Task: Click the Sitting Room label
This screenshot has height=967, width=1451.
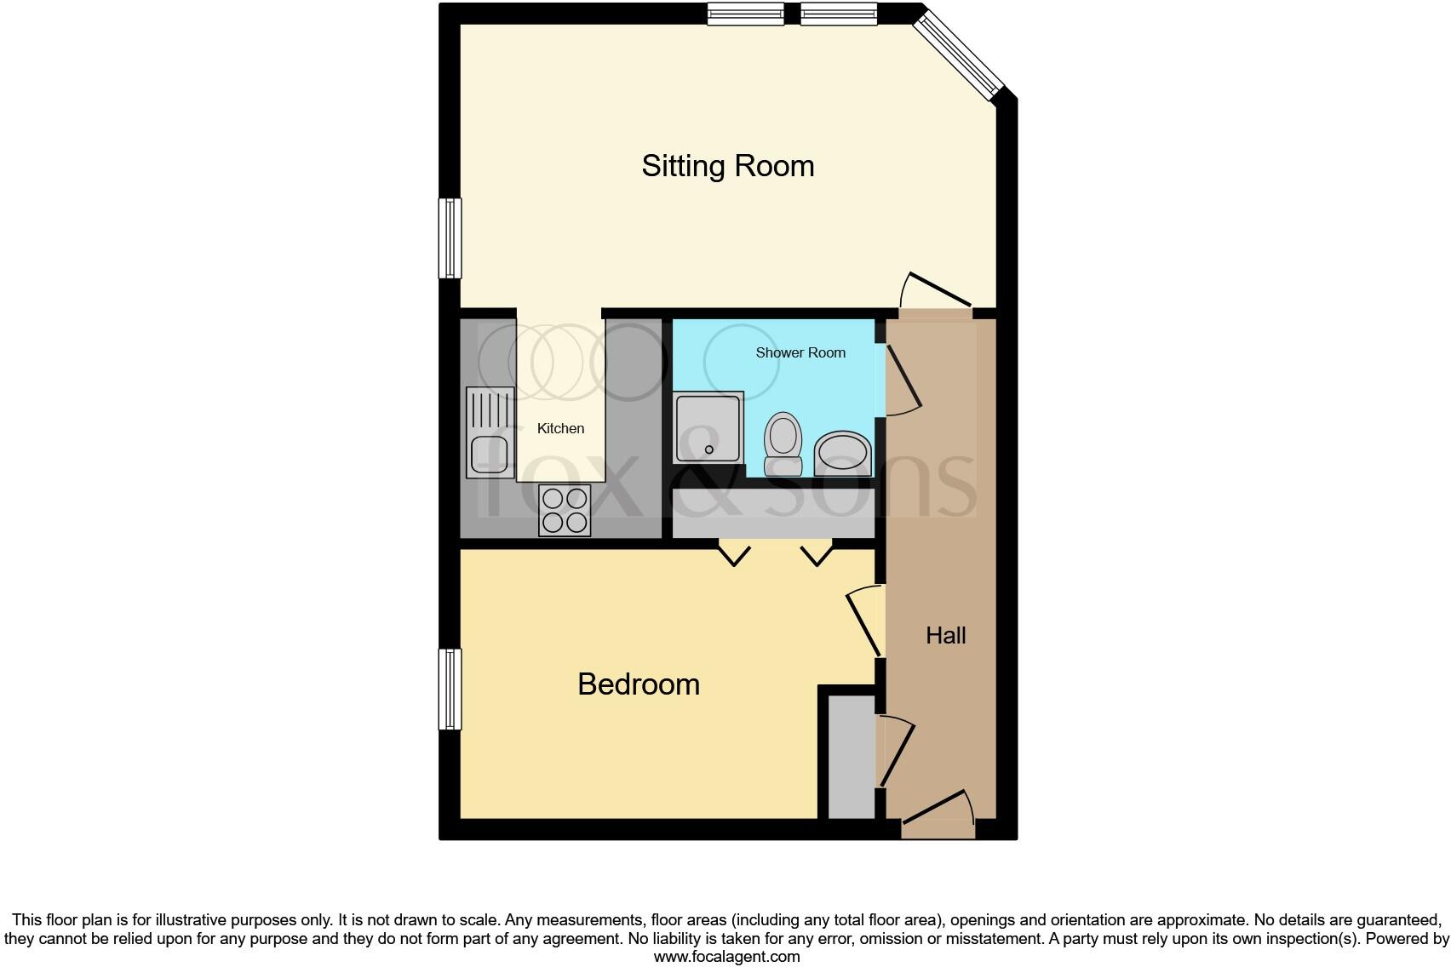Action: click(727, 165)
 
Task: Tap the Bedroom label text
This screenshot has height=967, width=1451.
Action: click(638, 684)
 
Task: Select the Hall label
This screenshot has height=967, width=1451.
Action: click(945, 635)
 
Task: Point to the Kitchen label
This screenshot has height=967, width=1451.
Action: click(560, 428)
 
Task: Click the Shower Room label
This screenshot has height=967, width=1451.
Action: click(800, 352)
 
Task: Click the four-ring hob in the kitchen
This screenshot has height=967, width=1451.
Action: click(565, 510)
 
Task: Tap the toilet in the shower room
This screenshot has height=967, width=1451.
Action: click(783, 443)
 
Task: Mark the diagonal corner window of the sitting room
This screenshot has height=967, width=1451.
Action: click(959, 53)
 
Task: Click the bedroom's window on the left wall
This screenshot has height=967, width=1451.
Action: click(450, 689)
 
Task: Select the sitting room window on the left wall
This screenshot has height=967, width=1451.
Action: click(450, 238)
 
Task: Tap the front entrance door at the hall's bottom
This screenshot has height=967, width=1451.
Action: click(938, 809)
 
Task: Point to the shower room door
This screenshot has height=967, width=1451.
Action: click(901, 380)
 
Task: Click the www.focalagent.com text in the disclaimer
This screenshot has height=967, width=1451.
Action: click(726, 956)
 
